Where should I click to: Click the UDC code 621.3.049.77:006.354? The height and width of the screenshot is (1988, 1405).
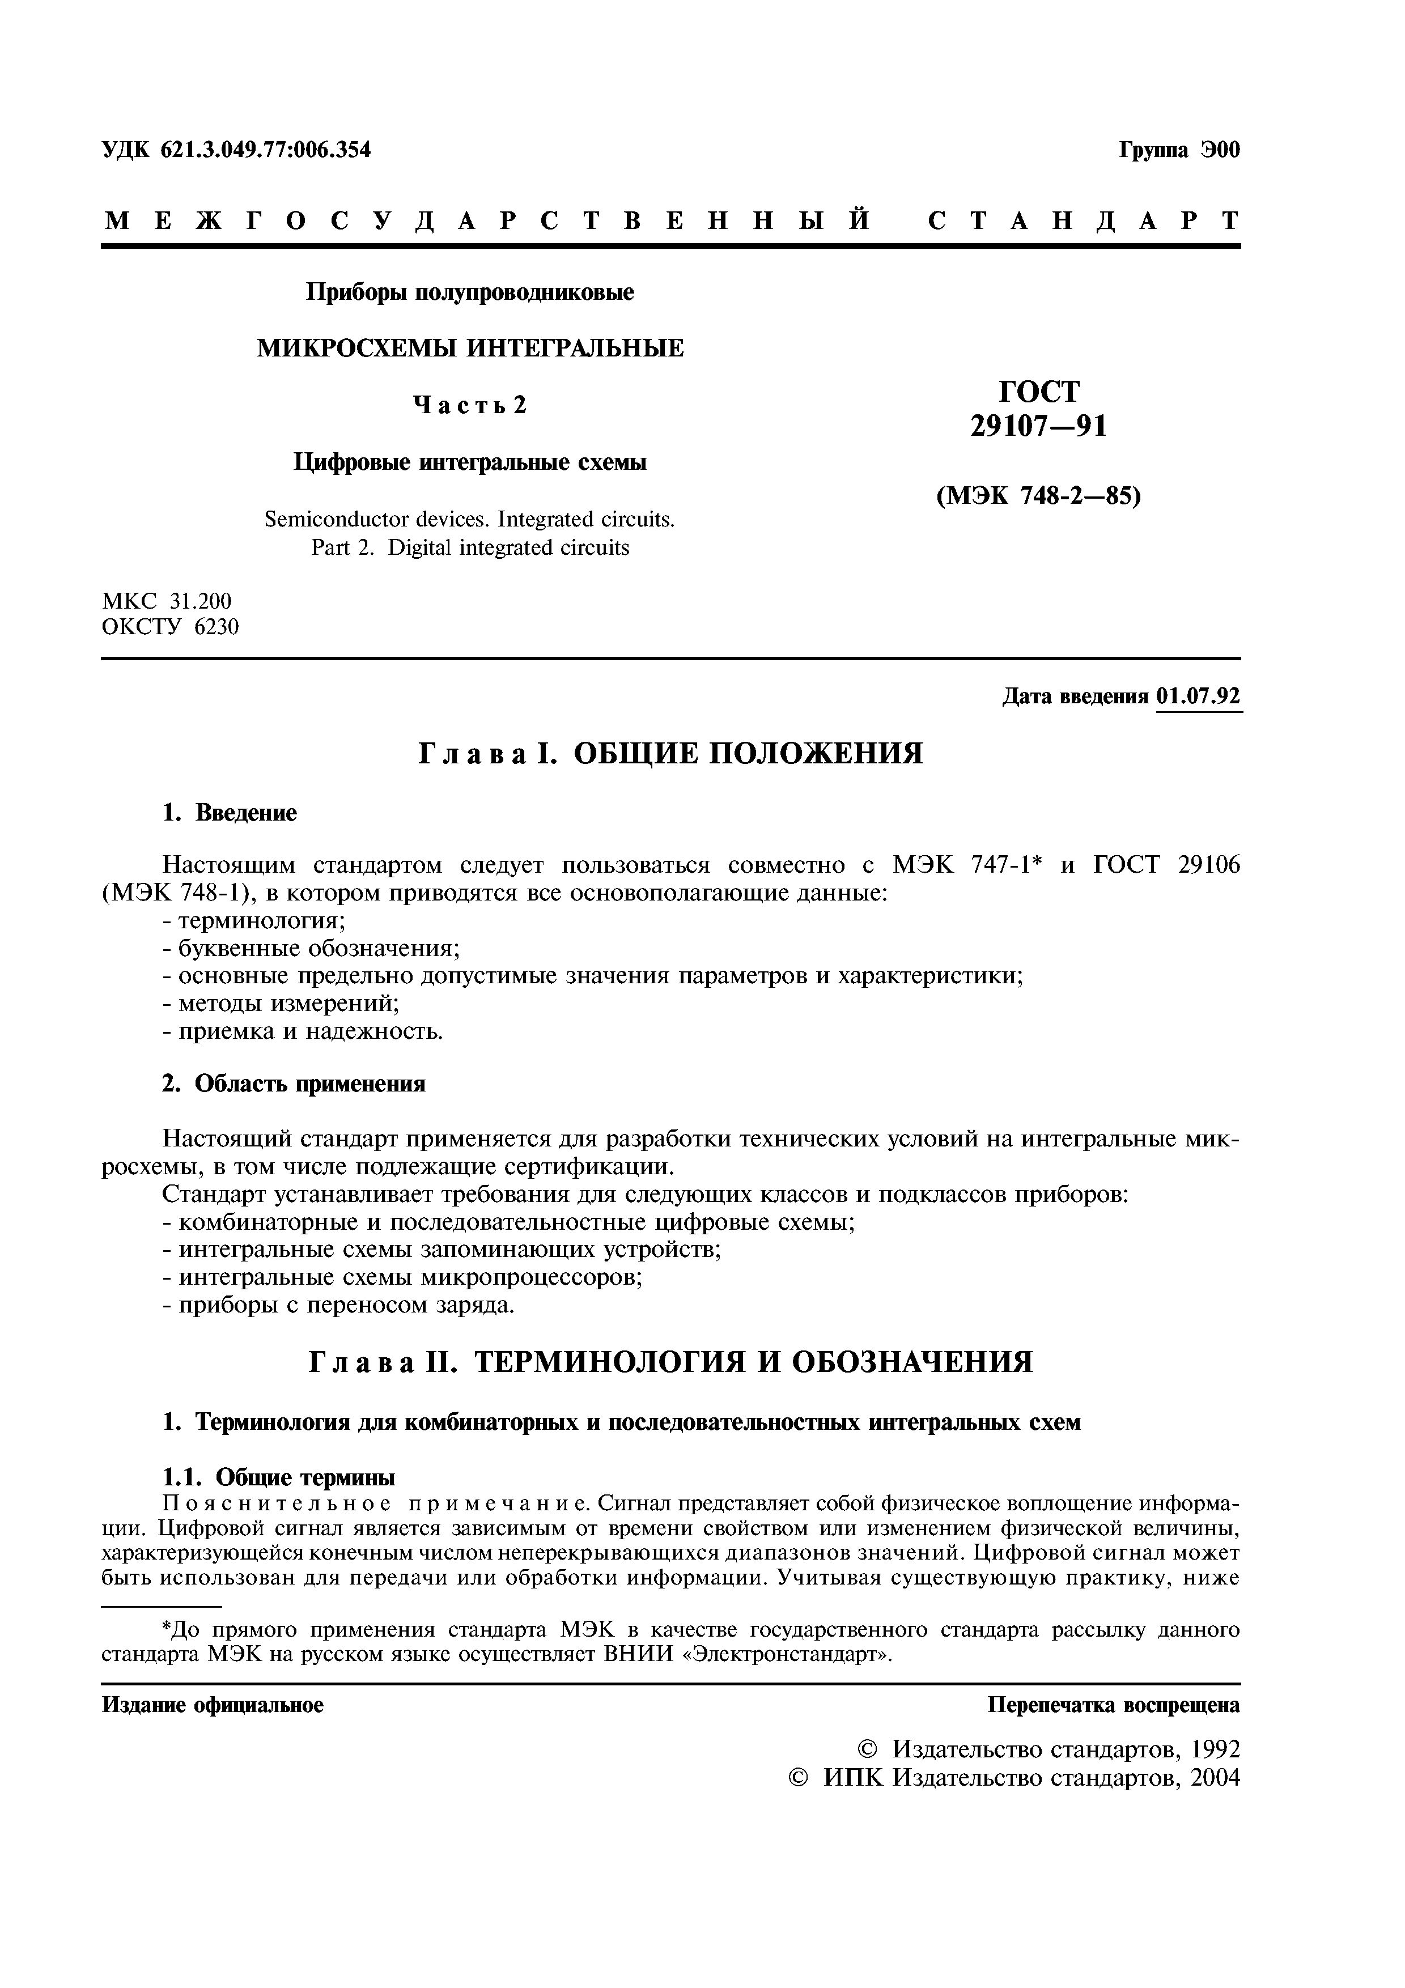click(265, 150)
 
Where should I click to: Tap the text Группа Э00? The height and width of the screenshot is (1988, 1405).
click(1179, 150)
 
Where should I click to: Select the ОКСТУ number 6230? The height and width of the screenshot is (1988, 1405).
click(217, 627)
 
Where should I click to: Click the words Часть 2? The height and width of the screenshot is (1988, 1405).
click(470, 405)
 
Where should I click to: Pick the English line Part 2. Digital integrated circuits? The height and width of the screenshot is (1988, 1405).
click(470, 548)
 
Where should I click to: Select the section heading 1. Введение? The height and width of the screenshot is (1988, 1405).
click(230, 813)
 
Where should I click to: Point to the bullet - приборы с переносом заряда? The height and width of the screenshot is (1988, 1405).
click(338, 1305)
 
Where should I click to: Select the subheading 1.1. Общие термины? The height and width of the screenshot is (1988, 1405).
click(279, 1477)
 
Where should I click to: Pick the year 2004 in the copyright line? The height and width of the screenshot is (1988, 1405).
click(1215, 1778)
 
